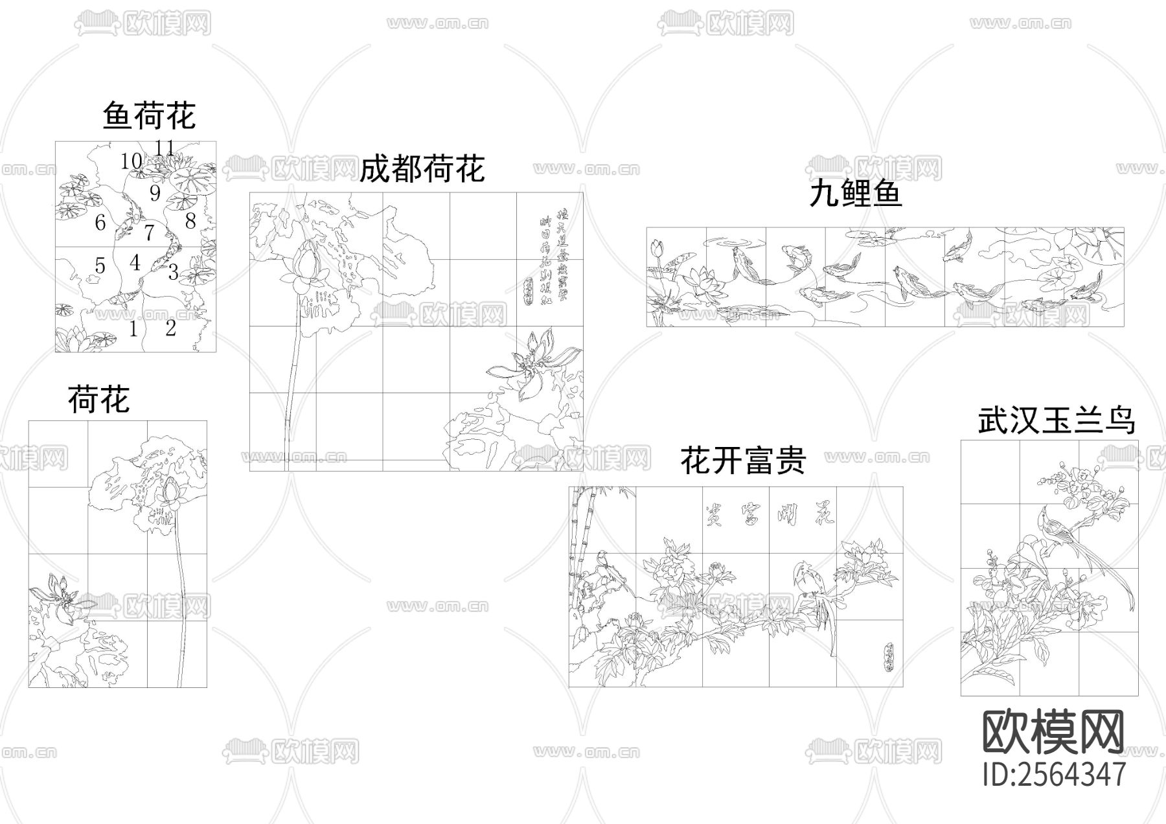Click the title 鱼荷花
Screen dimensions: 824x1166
click(149, 117)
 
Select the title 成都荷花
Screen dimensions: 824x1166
click(422, 170)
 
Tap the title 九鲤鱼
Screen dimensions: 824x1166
click(855, 194)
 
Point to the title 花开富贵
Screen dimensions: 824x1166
click(743, 461)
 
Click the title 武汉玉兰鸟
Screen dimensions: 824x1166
click(1057, 420)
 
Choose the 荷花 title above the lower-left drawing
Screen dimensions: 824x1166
click(98, 399)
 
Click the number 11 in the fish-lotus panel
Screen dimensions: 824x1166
click(165, 148)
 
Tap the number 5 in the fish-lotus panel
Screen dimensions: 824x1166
click(100, 265)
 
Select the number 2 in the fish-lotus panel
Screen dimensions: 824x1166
click(170, 328)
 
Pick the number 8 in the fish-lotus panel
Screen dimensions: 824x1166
click(190, 222)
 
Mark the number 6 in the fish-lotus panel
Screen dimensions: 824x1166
click(100, 223)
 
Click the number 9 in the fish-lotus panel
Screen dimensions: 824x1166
click(155, 193)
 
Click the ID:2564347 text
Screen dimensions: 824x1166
click(1054, 774)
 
